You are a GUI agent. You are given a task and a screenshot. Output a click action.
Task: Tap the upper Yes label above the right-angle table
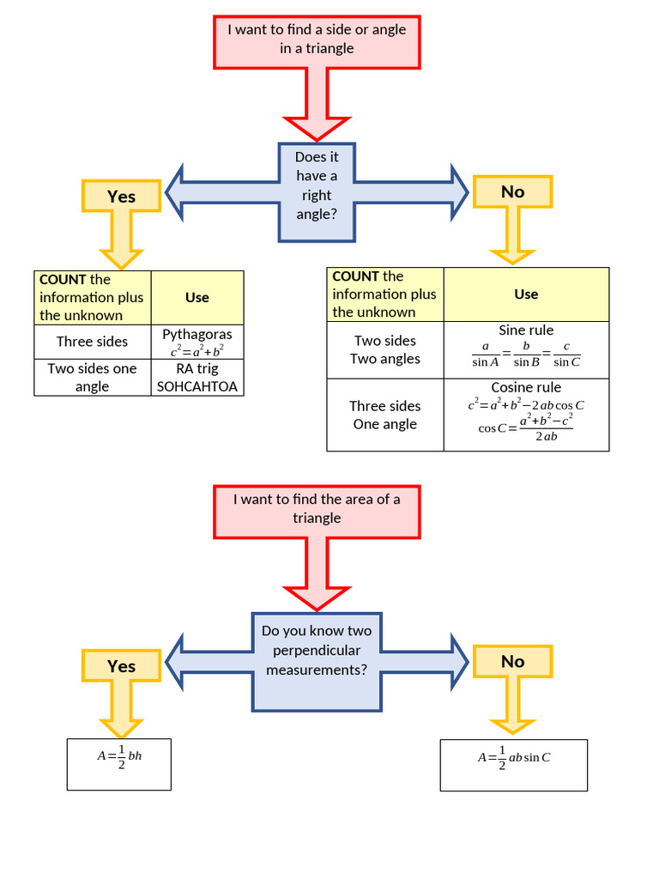121,197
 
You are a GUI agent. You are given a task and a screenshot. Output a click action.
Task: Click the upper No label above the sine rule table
512,192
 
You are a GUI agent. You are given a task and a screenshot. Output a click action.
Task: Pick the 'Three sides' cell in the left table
93,342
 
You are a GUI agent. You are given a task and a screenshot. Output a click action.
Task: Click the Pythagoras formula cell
197,342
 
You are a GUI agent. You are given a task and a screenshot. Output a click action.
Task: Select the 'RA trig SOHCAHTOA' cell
197,378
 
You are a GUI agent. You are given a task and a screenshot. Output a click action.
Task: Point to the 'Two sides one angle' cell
93,378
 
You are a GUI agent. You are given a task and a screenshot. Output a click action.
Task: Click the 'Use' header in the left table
197,297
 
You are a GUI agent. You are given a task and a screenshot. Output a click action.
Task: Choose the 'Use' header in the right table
526,294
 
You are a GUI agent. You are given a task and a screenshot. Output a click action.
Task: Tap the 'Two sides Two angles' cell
385,350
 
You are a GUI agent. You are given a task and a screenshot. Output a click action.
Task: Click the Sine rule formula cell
526,350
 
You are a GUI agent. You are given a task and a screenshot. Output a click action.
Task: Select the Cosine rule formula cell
526,415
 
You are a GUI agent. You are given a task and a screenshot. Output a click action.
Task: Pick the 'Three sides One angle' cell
385,415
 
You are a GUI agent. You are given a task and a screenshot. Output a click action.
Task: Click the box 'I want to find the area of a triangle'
317,509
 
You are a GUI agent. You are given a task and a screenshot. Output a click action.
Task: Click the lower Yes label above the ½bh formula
121,666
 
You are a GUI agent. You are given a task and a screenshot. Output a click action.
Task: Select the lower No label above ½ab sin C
512,662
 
